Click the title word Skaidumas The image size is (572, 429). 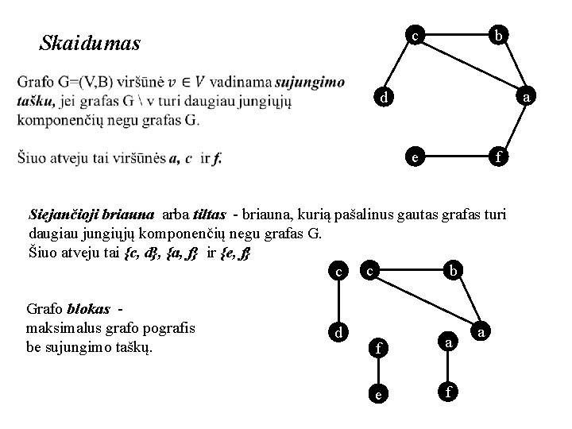90,43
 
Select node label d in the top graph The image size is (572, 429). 383,99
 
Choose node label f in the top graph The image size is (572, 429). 498,157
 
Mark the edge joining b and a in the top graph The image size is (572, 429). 512,67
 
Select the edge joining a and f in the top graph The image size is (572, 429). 513,127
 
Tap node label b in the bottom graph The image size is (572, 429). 452,272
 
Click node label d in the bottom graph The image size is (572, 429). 339,332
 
